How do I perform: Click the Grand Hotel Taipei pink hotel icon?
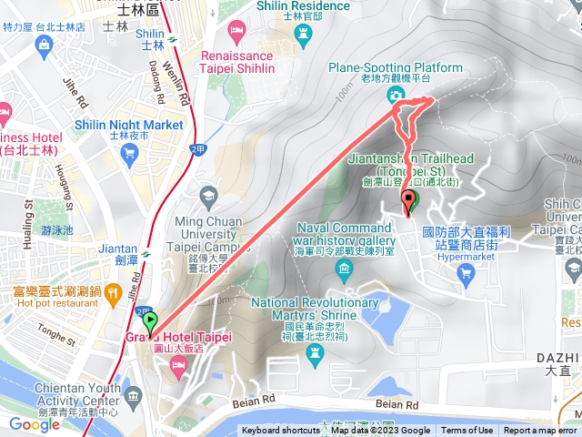[177, 365]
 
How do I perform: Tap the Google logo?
[34, 424]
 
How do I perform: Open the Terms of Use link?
[467, 431]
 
